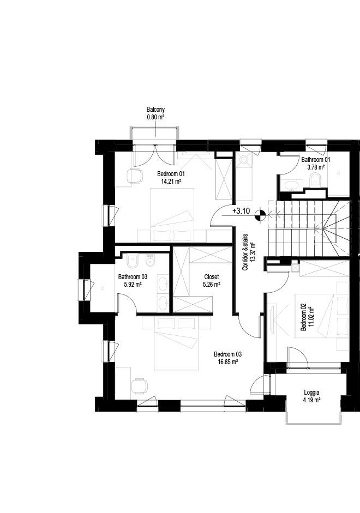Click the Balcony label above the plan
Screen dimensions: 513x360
point(155,110)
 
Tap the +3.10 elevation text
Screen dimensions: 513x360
point(241,210)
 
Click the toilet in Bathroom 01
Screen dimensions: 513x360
point(315,180)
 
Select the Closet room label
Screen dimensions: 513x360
point(211,276)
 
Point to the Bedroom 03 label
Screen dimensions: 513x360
point(227,354)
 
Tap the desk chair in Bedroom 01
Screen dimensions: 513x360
point(133,176)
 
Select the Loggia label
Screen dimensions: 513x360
point(312,392)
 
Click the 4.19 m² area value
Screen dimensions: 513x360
point(312,400)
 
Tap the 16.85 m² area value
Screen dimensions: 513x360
point(227,361)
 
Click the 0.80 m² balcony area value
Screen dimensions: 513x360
point(155,117)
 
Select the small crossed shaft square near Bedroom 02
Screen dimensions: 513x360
point(295,267)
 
